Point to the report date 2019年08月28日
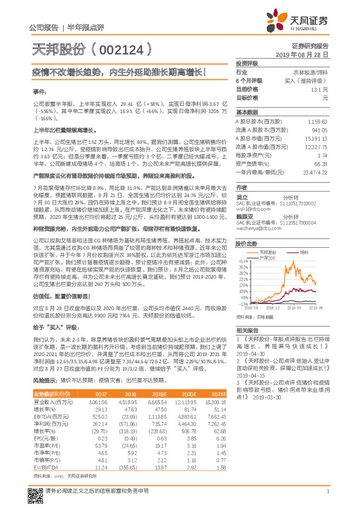(306, 54)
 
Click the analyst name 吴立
(242, 197)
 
